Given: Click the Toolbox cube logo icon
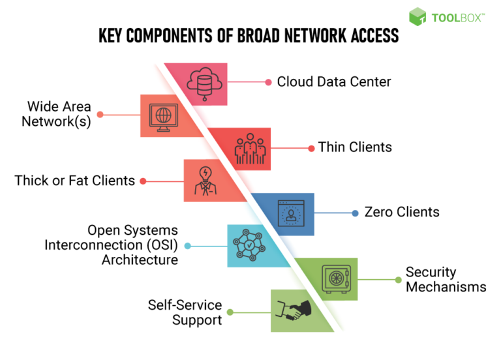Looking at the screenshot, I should [418, 17].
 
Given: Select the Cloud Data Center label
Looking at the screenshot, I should [333, 82].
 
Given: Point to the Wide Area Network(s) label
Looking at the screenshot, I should [59, 114].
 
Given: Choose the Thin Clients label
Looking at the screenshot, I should [355, 147].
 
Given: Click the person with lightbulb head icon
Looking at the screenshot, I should [204, 181].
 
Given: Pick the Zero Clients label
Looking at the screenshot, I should [401, 212].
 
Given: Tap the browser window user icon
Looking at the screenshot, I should [292, 213].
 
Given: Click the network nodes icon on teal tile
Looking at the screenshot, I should [248, 246].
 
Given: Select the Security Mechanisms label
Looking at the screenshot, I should [446, 279].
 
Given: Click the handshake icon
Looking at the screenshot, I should [292, 312].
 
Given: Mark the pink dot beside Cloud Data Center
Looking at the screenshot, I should [268, 82].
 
